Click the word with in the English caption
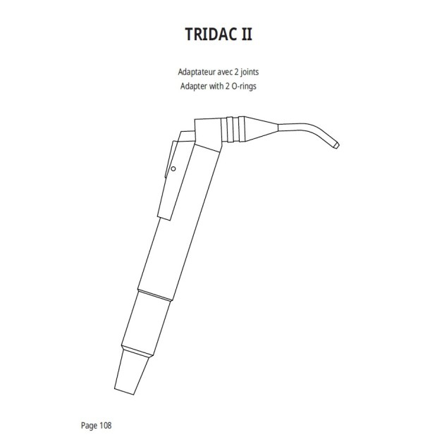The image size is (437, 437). click(x=220, y=86)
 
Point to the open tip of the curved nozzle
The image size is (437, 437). click(x=336, y=147)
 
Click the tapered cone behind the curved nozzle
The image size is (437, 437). click(x=261, y=129)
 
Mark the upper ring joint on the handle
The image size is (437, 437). click(x=154, y=291)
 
